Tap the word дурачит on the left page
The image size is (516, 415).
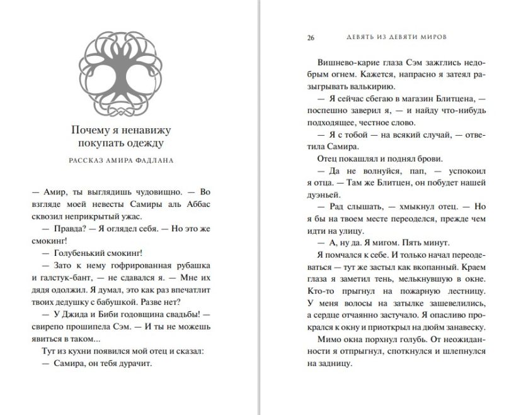[135, 363]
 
